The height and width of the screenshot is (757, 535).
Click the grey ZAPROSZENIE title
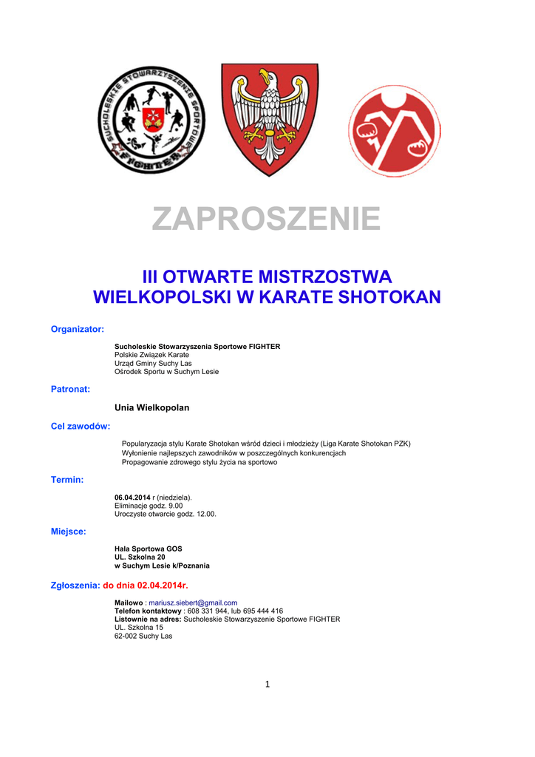point(266,220)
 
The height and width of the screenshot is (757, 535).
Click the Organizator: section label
point(77,329)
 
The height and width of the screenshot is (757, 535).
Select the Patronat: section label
point(70,388)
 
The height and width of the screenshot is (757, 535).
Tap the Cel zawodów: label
point(81,426)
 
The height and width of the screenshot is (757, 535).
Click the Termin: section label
point(67,480)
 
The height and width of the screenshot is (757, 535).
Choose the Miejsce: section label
point(69,531)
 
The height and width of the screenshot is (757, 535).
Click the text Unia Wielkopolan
point(152,407)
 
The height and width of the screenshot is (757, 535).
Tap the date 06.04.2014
point(132,497)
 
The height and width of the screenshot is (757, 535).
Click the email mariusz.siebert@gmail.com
point(193,602)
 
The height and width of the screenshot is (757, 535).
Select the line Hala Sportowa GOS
point(148,549)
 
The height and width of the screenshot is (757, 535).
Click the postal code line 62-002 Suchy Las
point(143,636)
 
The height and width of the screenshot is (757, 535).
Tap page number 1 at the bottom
point(267,684)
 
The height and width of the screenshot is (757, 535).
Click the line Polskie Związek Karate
point(151,355)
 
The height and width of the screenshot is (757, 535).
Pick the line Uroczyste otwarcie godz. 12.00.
point(166,514)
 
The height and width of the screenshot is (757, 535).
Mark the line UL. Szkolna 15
point(139,628)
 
